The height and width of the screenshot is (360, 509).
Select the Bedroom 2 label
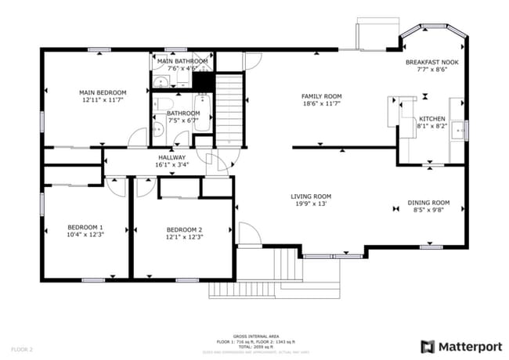tap(184, 229)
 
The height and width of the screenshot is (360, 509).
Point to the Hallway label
tap(171, 157)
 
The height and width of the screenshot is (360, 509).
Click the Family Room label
tap(322, 96)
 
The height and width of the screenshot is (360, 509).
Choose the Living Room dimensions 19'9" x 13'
tap(311, 204)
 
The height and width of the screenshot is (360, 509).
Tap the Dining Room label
tap(428, 202)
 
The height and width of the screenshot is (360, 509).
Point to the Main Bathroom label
tap(182, 61)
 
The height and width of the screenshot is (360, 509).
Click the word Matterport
tap(469, 345)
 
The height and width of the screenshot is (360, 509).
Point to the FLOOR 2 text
tap(21, 348)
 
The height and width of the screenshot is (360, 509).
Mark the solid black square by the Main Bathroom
tap(204, 81)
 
